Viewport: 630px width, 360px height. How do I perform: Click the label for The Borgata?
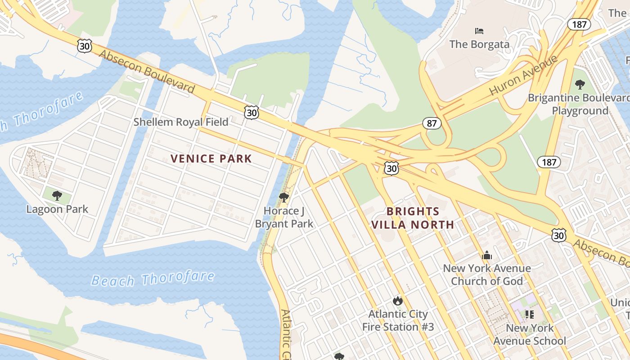coord(479,44)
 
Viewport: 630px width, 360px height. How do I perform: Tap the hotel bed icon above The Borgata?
coord(479,31)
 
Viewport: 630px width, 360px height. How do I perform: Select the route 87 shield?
coord(432,123)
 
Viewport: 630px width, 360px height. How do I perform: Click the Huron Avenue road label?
coord(523,75)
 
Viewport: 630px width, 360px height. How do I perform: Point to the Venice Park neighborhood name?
coord(211,158)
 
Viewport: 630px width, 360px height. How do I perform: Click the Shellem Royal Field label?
coord(181,122)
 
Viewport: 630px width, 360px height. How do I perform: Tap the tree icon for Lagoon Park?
coord(57,196)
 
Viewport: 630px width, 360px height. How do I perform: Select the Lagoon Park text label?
coord(57,209)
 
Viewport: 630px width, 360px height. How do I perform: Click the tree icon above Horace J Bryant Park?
coord(284,197)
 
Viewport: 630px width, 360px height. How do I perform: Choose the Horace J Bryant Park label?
coord(284,217)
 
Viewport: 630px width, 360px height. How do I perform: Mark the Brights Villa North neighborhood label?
coord(413,218)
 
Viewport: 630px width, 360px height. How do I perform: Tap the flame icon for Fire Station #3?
coord(398,301)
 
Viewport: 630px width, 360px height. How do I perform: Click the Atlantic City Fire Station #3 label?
coord(398,320)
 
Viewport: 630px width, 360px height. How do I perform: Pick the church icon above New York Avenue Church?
coord(486,256)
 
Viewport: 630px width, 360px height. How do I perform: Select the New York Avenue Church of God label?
coord(487,274)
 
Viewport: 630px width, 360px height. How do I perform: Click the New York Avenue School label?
coord(530,334)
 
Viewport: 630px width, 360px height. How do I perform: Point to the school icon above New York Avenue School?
coord(530,314)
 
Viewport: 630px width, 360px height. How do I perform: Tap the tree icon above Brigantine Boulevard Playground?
coord(580,84)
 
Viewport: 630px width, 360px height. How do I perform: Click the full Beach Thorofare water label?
coord(153,279)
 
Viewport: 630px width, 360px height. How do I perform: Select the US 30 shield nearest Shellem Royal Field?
coord(252,112)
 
